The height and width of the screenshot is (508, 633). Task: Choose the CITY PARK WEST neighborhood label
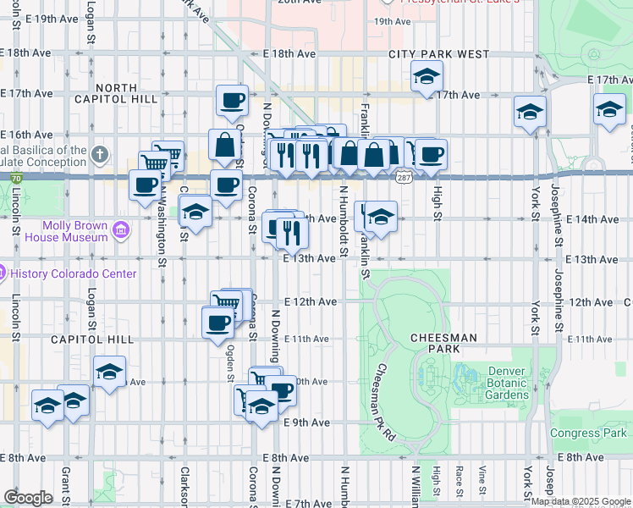click(x=438, y=54)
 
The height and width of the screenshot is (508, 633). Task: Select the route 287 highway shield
click(x=400, y=176)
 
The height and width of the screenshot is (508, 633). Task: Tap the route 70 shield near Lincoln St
click(x=16, y=178)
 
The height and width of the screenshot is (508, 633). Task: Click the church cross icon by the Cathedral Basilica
click(x=101, y=154)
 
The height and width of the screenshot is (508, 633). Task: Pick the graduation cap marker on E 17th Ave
click(x=427, y=76)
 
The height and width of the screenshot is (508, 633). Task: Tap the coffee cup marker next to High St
click(x=431, y=154)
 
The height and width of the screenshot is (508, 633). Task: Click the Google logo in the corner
click(x=28, y=498)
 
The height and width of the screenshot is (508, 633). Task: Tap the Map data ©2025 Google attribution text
click(x=580, y=501)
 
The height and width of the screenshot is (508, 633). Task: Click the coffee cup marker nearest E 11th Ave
click(x=217, y=322)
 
